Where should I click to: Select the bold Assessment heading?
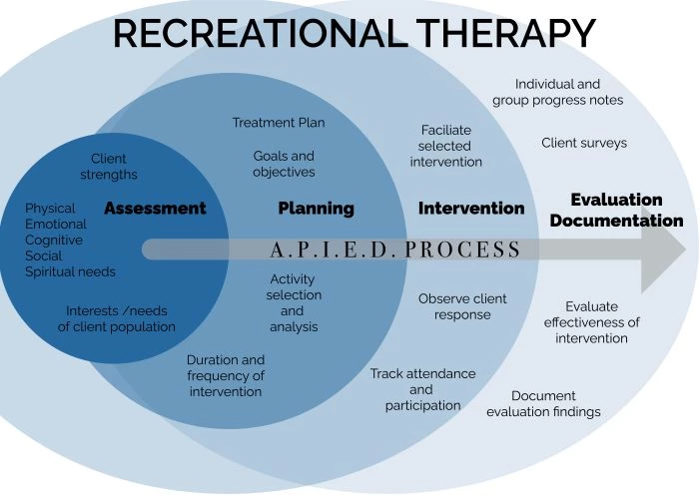155,209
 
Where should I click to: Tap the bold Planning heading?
316,209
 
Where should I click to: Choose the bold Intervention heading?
470,209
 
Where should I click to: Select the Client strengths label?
109,167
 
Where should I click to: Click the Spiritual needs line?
70,271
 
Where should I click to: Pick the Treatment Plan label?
279,123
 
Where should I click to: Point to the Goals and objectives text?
284,164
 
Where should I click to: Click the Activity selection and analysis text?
294,302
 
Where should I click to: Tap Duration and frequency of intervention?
226,375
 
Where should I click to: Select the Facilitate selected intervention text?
445,146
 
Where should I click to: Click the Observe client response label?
462,306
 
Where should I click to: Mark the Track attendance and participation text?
422,389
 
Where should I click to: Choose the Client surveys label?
584,143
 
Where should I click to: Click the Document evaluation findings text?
543,403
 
